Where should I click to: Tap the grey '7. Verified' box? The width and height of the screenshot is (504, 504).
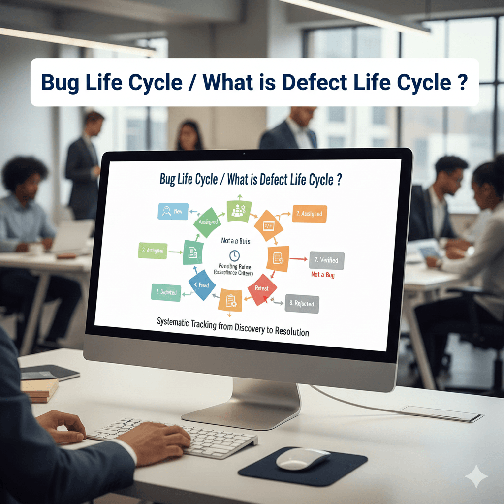(x=326, y=259)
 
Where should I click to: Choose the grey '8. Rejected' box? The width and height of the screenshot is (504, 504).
(x=302, y=304)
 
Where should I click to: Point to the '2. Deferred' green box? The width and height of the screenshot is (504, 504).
(x=165, y=292)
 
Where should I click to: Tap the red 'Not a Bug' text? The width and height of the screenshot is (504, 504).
(x=323, y=275)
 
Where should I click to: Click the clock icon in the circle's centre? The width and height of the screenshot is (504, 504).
(x=234, y=255)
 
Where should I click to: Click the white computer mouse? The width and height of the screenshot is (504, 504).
(x=302, y=459)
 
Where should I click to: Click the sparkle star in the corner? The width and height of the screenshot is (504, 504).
(x=476, y=476)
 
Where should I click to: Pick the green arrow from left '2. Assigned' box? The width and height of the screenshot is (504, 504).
(x=175, y=252)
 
